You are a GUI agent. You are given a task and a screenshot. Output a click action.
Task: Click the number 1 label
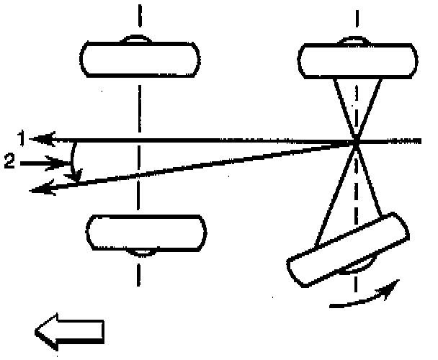pyautogui.click(x=24, y=137)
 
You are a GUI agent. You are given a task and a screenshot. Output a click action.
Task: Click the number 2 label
pyautogui.click(x=9, y=163)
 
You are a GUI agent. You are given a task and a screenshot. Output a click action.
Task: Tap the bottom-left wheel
pyautogui.click(x=145, y=232)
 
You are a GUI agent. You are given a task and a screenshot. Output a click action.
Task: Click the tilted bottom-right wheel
pyautogui.click(x=348, y=248)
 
